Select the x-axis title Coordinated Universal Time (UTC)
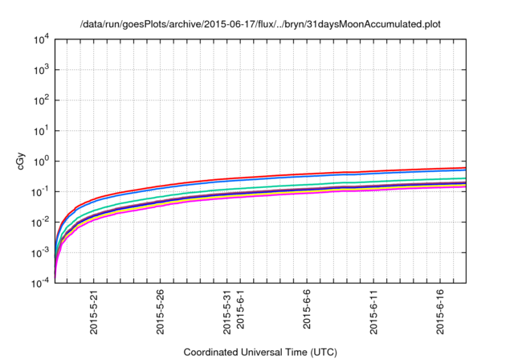[260, 352]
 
